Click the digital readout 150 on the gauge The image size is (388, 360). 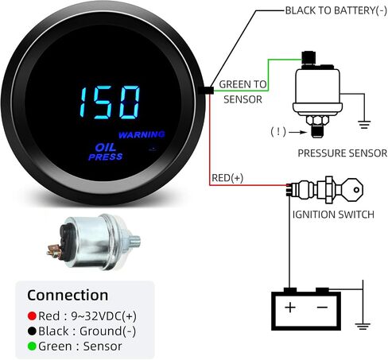pyautogui.click(x=110, y=103)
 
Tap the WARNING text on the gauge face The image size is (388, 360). pyautogui.click(x=142, y=134)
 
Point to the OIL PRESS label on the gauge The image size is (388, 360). pyautogui.click(x=106, y=152)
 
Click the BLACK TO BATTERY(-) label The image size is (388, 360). pyautogui.click(x=336, y=10)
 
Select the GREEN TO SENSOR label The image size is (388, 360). pyautogui.click(x=242, y=92)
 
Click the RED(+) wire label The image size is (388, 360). pyautogui.click(x=227, y=178)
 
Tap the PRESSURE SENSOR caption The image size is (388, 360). pyautogui.click(x=343, y=153)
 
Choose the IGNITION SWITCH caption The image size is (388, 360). pyautogui.click(x=333, y=215)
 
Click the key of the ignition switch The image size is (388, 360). pyautogui.click(x=352, y=190)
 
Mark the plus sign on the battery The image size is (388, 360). pyautogui.click(x=290, y=308)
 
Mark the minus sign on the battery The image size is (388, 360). pyautogui.click(x=322, y=308)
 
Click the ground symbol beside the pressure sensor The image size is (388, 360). pyautogui.click(x=364, y=124)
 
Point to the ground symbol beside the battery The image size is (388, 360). pyautogui.click(x=363, y=326)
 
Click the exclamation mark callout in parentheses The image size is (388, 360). pyautogui.click(x=278, y=131)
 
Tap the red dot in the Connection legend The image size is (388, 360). pyautogui.click(x=32, y=315)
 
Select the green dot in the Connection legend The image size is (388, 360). pyautogui.click(x=32, y=346)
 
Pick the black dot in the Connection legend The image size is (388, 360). pyautogui.click(x=32, y=331)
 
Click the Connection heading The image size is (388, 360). pyautogui.click(x=68, y=295)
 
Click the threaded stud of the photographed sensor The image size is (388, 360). pyautogui.click(x=135, y=241)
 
